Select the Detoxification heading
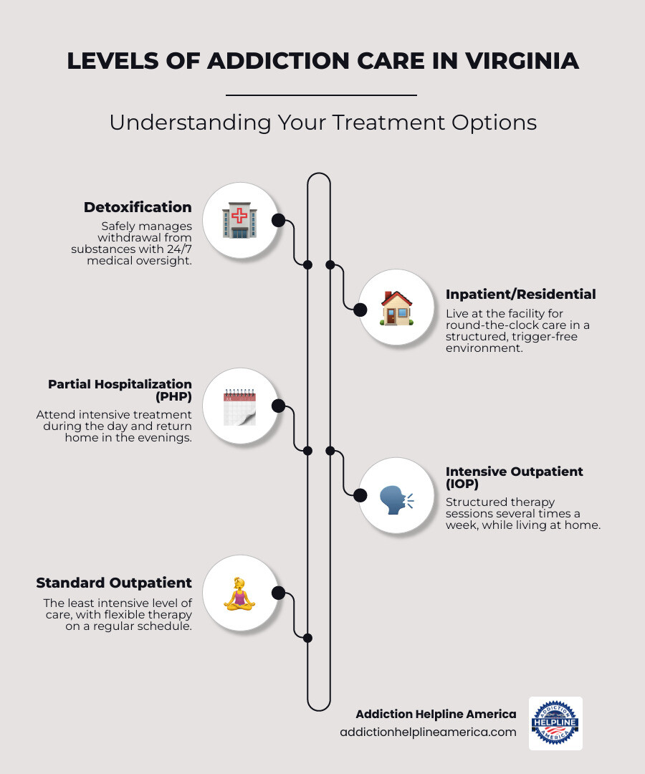click(x=138, y=207)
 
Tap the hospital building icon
click(x=239, y=220)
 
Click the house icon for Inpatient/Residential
click(x=396, y=309)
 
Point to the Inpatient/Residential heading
click(x=520, y=295)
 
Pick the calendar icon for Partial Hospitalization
click(x=239, y=407)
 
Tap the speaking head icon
click(x=396, y=496)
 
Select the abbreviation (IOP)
click(x=462, y=484)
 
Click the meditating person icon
click(x=239, y=593)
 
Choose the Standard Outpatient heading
click(x=114, y=582)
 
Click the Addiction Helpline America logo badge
click(x=555, y=723)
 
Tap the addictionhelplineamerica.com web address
click(x=428, y=732)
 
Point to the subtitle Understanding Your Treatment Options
click(x=322, y=123)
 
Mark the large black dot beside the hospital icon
click(x=278, y=220)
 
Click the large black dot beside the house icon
click(x=360, y=309)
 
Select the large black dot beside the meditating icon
click(x=278, y=593)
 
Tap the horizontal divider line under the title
click(x=321, y=95)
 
